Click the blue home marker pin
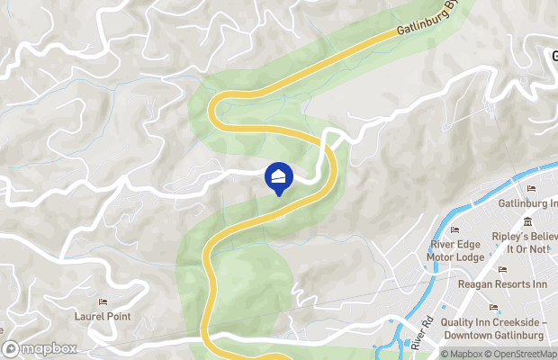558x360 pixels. click(279, 176)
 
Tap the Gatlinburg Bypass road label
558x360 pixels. click(422, 22)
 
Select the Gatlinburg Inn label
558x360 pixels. click(528, 202)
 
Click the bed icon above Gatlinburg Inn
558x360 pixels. click(530, 189)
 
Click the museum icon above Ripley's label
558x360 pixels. click(526, 222)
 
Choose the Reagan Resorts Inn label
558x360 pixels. click(503, 284)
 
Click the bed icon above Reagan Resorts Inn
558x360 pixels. click(501, 270)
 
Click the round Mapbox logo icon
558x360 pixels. click(10, 348)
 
